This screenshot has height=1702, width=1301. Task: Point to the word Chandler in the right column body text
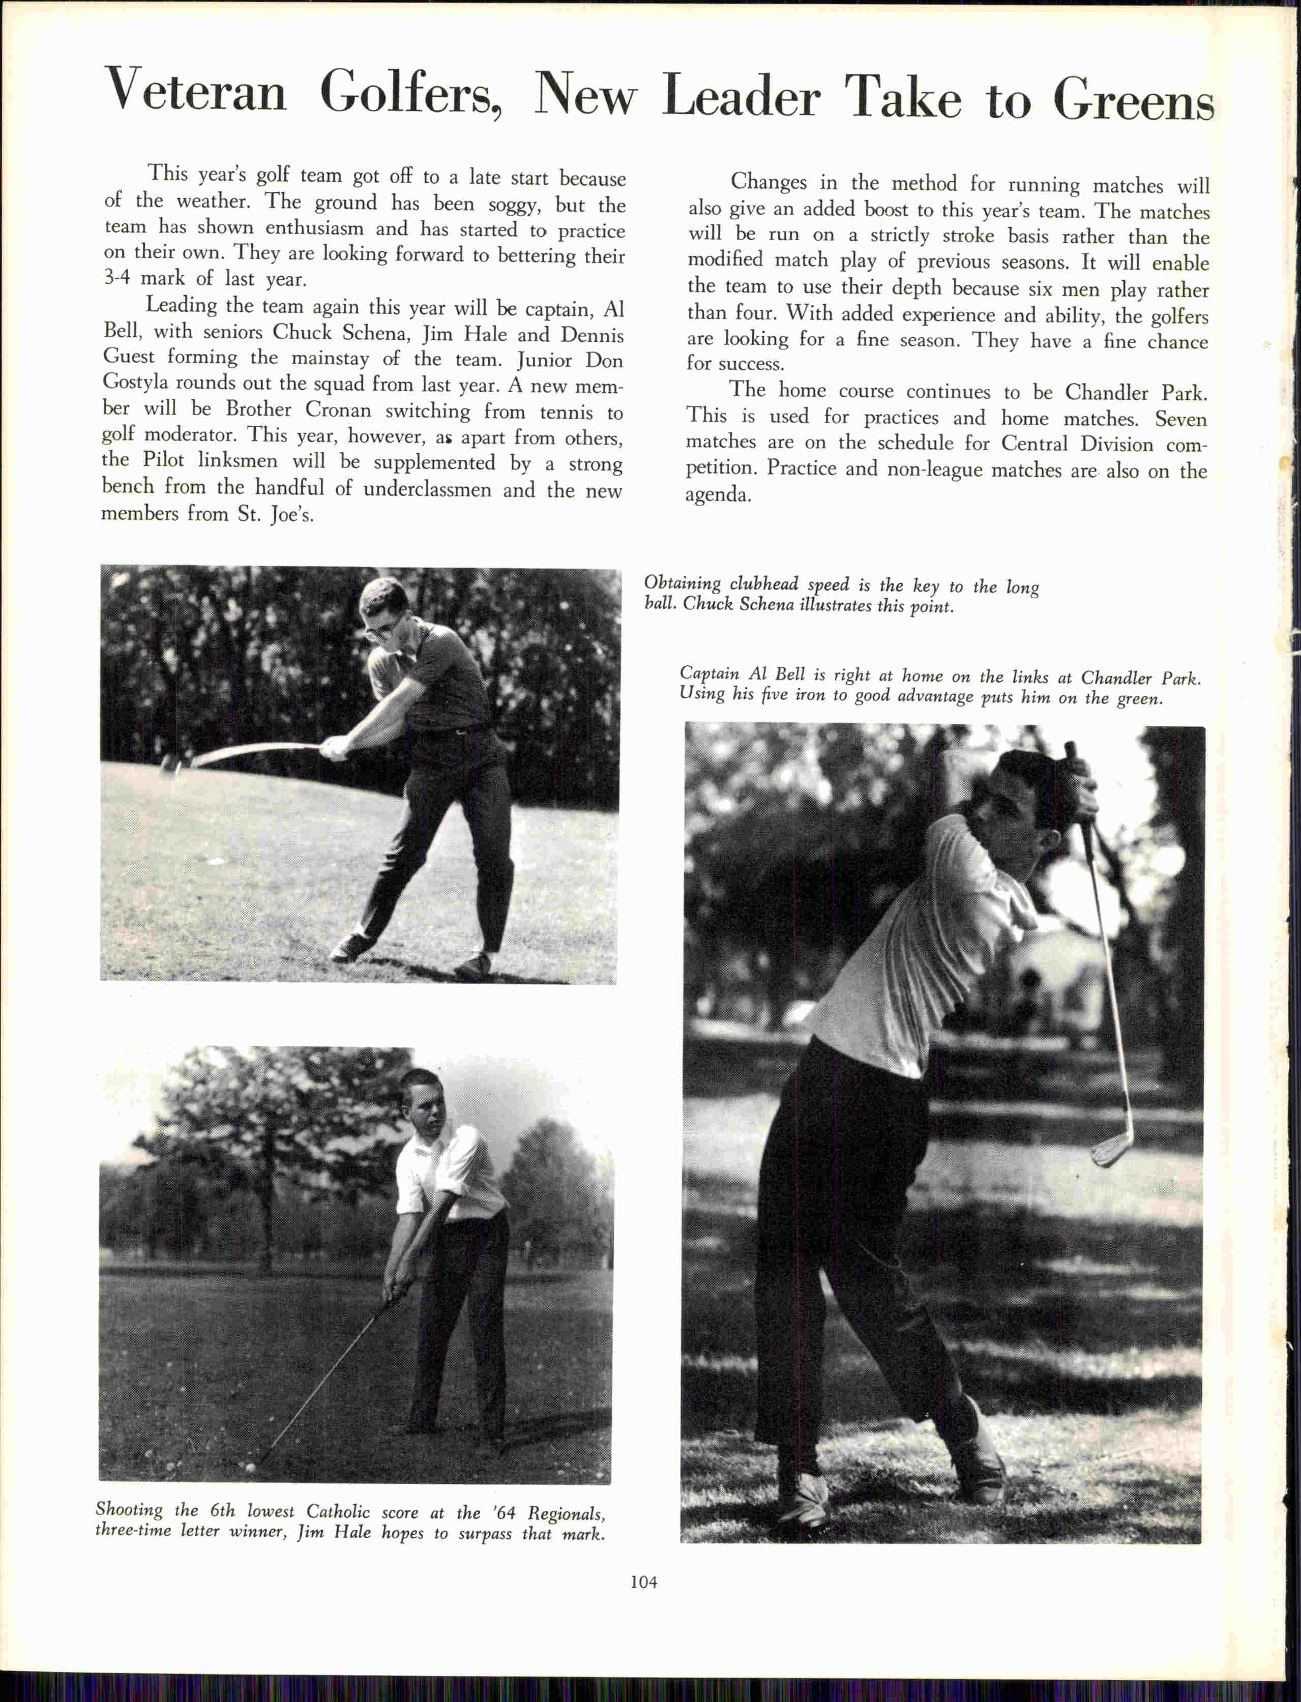click(1107, 392)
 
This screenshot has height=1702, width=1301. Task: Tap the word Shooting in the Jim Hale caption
click(129, 1510)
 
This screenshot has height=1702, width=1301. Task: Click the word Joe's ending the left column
click(292, 515)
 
